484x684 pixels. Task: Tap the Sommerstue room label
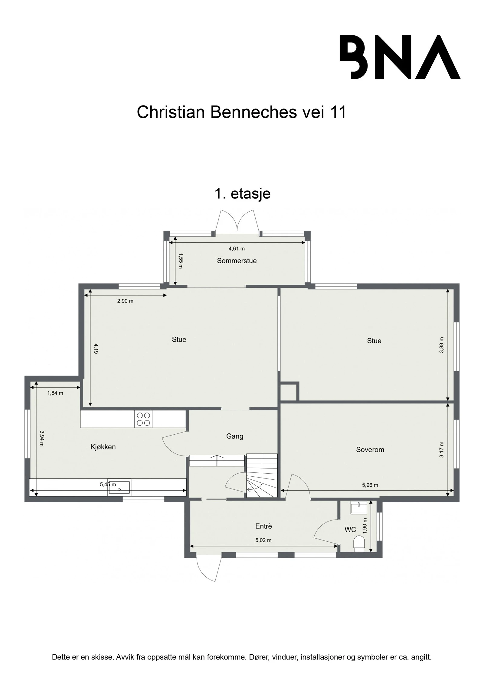tap(237, 261)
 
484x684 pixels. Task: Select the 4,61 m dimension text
tap(236, 249)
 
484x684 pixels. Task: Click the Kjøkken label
tap(103, 447)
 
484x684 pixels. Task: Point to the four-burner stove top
tap(143, 419)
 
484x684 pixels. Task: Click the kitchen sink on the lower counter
tap(119, 487)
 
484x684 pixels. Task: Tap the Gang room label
tap(234, 436)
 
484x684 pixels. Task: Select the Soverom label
tap(370, 449)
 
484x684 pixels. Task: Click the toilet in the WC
tap(359, 544)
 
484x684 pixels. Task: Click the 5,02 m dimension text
tap(263, 540)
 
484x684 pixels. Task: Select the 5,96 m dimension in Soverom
tap(370, 485)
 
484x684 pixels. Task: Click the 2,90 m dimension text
tap(125, 301)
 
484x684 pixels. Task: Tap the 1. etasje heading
tap(242, 193)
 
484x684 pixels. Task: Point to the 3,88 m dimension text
tap(442, 345)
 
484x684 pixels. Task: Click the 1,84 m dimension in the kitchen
tap(55, 393)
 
